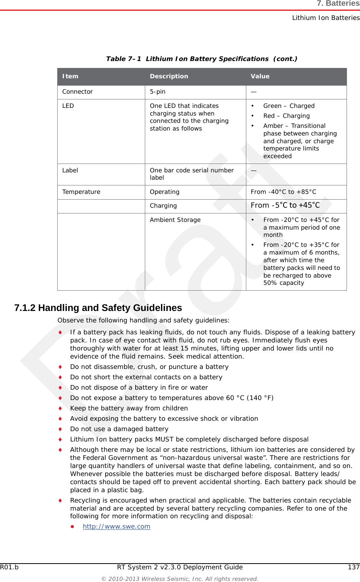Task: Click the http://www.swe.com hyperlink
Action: coord(116,526)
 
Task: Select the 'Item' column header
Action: coord(70,76)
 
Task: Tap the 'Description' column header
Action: coord(169,76)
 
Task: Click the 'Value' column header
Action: coord(260,76)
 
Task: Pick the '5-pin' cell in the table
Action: coord(158,92)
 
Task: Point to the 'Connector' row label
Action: coord(78,92)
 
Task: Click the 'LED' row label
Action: coord(68,106)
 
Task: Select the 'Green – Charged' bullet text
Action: coord(289,106)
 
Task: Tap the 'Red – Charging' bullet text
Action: coord(286,116)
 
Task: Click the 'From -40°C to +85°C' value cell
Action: coord(284,192)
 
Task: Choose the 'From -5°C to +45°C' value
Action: coord(285,205)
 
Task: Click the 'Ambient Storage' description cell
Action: coord(175,220)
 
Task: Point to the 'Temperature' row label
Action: coord(81,192)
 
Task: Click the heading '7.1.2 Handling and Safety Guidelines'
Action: coord(98,308)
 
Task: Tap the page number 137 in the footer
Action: coord(353,567)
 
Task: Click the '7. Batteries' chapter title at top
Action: coord(338,4)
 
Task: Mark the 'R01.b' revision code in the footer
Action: coord(9,567)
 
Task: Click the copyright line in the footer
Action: coord(179,579)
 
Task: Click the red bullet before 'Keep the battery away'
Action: coord(60,408)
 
